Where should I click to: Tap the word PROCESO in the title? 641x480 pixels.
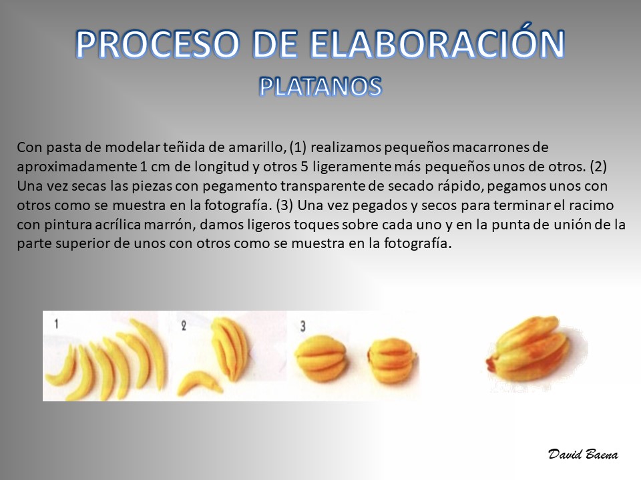[x=158, y=44]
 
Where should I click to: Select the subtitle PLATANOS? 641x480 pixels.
[x=320, y=87]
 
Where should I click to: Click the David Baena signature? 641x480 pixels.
[x=583, y=454]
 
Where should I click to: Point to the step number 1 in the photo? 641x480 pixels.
[x=56, y=324]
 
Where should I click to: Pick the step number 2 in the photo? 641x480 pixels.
[x=184, y=325]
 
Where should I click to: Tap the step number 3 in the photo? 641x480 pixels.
[x=303, y=326]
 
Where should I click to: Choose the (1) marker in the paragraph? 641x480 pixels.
[x=298, y=147]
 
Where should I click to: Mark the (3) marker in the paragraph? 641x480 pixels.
[x=284, y=206]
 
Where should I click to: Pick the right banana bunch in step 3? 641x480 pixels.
[x=392, y=360]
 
